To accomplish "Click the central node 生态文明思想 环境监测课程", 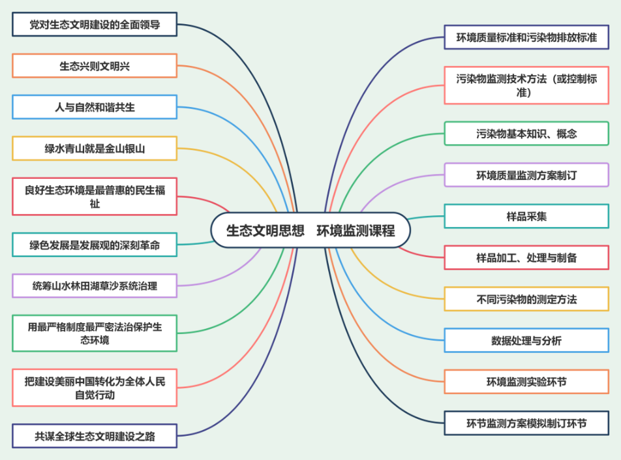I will coord(310,231).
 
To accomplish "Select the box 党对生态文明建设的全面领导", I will coord(95,25).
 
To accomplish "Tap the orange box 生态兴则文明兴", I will coord(95,66).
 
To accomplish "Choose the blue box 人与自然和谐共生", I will coord(95,107).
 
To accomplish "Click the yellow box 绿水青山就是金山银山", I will coord(95,148).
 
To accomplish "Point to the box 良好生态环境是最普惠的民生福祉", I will coord(95,196).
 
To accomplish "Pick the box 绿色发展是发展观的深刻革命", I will coord(95,245).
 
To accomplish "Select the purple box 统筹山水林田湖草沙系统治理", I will coord(95,286).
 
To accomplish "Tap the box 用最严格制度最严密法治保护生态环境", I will coord(95,333).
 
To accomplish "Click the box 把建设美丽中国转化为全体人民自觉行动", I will coord(95,388).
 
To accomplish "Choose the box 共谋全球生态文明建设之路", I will coord(95,435).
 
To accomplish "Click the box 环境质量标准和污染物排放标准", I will coord(526,37).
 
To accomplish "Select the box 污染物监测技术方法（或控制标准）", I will coord(526,85).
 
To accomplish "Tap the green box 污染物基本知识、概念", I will coord(526,133).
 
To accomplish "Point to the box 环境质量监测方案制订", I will coord(526,175).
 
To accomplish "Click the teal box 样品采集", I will coord(526,216).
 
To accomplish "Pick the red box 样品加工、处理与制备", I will coord(526,257).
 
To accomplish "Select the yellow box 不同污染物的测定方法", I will coord(526,299).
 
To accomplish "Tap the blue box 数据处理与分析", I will coord(526,340).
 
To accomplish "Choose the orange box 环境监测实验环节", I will coord(526,381).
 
